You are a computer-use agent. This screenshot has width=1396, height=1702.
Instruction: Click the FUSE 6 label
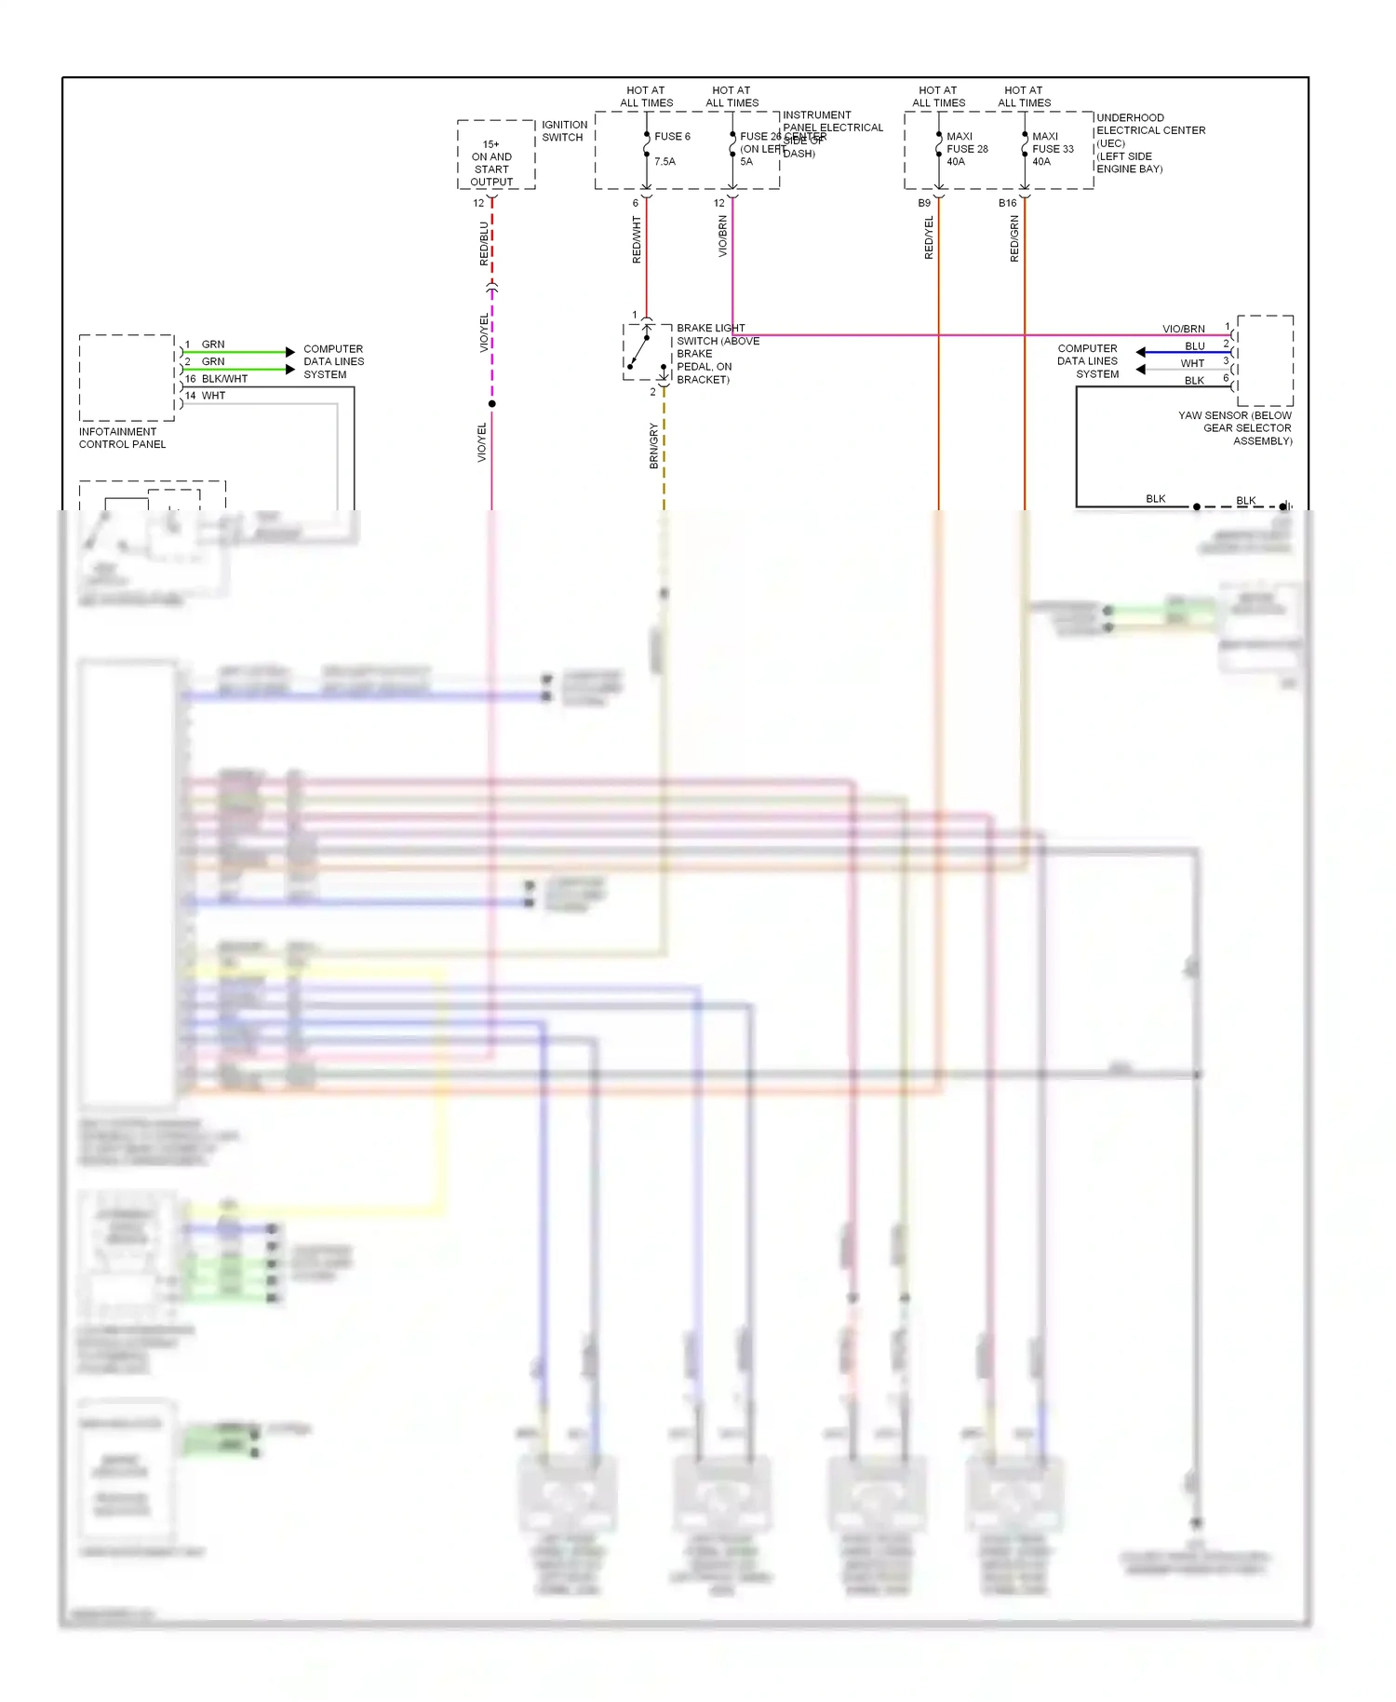[x=672, y=137]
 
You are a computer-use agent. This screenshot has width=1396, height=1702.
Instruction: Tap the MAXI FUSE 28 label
[x=967, y=149]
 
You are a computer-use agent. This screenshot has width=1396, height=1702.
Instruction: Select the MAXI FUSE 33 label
[x=1053, y=149]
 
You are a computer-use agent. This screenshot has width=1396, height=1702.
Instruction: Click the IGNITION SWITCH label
[x=564, y=131]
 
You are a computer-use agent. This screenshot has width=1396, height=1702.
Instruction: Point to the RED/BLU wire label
[x=484, y=243]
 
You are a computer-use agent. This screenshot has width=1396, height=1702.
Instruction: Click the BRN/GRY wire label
[x=654, y=445]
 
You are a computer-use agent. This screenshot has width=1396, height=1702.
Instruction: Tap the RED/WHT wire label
[x=638, y=239]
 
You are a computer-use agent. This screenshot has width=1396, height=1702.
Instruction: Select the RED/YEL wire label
[x=929, y=237]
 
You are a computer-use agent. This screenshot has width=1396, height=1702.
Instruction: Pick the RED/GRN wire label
[x=1014, y=238]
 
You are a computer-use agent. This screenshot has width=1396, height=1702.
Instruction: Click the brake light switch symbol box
[x=647, y=352]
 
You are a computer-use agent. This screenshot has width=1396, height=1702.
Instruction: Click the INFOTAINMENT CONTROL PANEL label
[x=122, y=438]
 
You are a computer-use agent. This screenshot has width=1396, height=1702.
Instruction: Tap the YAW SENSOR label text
[x=1235, y=428]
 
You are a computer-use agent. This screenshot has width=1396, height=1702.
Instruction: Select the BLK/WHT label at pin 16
[x=224, y=379]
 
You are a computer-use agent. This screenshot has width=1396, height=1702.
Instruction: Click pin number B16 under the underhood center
[x=1007, y=203]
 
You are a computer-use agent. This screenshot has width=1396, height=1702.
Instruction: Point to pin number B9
[x=924, y=203]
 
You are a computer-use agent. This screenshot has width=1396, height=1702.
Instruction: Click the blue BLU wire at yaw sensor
[x=1182, y=352]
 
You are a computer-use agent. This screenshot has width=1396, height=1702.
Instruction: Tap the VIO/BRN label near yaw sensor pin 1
[x=1183, y=329]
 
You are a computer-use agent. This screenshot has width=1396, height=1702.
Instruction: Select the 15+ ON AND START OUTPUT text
[x=491, y=163]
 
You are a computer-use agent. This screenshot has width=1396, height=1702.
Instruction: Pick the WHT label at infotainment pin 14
[x=213, y=396]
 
